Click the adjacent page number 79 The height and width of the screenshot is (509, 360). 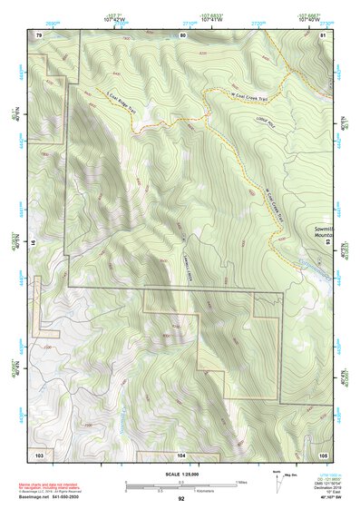39,34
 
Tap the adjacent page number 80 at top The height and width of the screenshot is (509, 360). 181,34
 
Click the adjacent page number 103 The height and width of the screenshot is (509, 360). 39,454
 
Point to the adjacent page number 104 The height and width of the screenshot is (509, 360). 181,454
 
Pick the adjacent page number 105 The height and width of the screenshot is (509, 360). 322,454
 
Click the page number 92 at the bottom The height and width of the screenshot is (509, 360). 181,499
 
